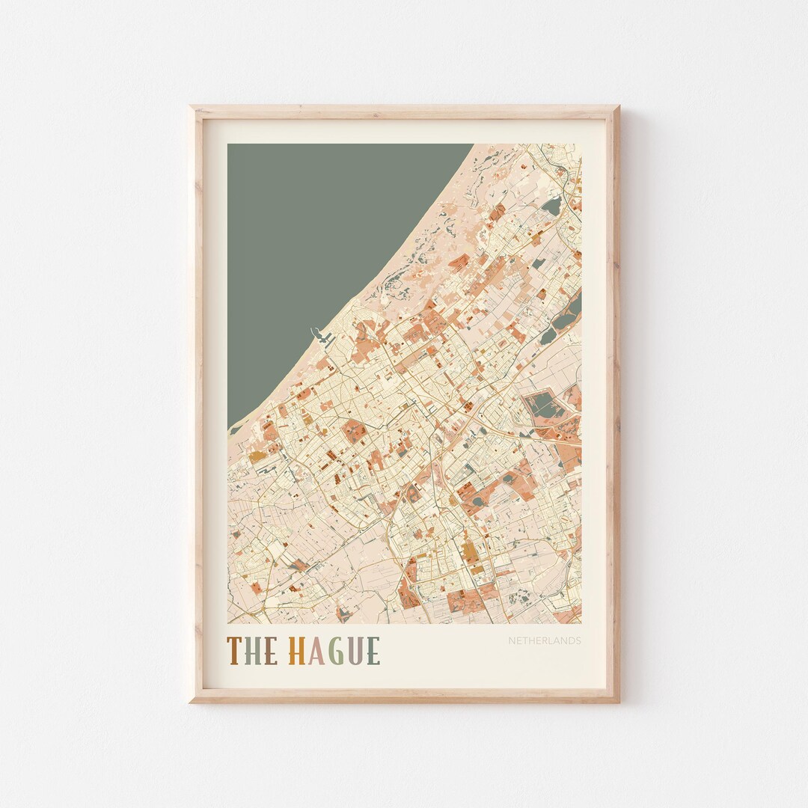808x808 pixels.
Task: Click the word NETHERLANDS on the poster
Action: (x=544, y=641)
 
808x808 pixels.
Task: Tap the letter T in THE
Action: (x=234, y=651)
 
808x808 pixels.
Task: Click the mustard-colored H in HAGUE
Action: (x=297, y=651)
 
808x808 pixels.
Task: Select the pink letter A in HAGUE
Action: (x=317, y=651)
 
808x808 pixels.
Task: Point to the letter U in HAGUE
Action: (x=357, y=651)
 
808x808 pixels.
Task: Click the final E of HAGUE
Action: (x=373, y=651)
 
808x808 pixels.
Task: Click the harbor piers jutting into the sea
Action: (x=323, y=338)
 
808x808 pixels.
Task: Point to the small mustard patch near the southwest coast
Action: (x=257, y=456)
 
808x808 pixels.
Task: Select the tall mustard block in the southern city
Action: (x=469, y=551)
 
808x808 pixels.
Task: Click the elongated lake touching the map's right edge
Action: (x=573, y=307)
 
